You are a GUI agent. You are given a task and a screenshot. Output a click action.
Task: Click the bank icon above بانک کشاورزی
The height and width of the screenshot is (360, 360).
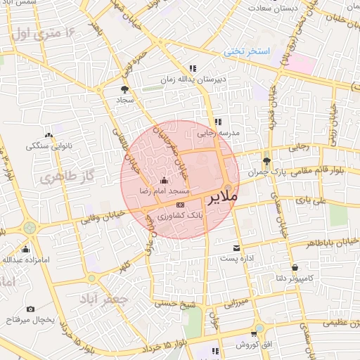(x=180, y=204)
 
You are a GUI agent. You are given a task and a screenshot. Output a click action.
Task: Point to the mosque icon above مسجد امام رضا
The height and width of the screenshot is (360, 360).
(x=164, y=179)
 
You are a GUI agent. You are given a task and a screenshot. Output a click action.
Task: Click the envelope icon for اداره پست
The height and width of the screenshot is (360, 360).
(x=236, y=247)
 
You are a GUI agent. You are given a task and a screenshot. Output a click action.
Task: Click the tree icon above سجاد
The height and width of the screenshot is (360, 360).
(x=125, y=89)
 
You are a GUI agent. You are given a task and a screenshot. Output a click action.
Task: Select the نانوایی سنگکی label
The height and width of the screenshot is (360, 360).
(x=48, y=146)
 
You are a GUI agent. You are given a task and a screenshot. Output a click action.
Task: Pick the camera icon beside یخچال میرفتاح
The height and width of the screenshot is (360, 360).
(x=30, y=309)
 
